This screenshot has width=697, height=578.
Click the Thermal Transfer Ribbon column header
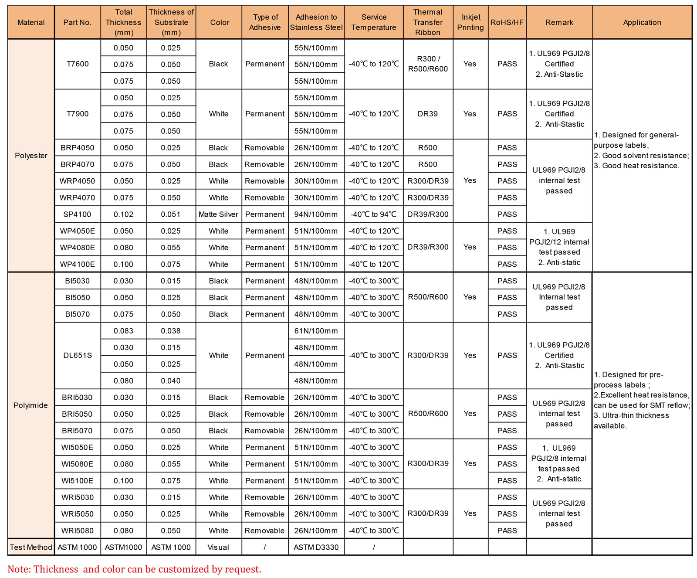[427, 22]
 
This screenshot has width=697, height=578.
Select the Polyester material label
[31, 156]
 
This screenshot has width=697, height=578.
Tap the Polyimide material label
[31, 405]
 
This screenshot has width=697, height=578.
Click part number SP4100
[77, 214]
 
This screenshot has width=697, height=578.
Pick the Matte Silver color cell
[218, 214]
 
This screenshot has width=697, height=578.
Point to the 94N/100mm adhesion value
[316, 214]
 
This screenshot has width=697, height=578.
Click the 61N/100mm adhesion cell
[316, 331]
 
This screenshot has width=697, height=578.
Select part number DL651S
[78, 355]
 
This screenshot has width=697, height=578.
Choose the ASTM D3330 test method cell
[316, 547]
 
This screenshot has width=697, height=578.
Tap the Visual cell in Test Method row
[218, 547]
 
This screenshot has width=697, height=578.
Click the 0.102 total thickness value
[123, 214]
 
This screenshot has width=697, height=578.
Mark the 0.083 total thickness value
[123, 331]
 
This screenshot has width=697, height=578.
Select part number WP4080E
[77, 248]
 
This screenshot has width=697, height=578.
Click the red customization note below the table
[134, 569]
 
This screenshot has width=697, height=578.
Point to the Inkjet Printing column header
[470, 22]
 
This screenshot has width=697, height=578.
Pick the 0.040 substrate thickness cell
[171, 381]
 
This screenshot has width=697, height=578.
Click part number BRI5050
[77, 414]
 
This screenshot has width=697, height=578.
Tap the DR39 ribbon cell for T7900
[427, 114]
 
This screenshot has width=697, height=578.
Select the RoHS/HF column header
[507, 22]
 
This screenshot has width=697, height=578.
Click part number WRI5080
[77, 530]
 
